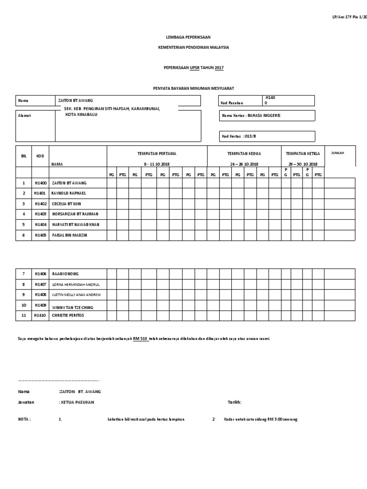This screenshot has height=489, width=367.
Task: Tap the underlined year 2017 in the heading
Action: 219,68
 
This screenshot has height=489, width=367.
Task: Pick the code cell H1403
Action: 41,214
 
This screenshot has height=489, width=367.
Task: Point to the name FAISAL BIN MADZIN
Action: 70,235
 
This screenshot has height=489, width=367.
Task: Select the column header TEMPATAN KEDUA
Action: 244,154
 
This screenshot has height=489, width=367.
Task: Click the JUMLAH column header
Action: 336,153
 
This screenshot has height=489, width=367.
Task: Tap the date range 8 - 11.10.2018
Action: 157,164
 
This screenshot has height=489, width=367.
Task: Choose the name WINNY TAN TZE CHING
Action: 73,306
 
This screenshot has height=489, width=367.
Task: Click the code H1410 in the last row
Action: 41,316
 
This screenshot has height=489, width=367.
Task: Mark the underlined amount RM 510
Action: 140,339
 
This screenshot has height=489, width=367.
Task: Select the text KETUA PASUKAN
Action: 76,402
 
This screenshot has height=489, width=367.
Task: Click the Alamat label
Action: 24,116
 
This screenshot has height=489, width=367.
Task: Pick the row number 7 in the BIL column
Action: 23,274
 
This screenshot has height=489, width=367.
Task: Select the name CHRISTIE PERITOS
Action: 70,316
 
